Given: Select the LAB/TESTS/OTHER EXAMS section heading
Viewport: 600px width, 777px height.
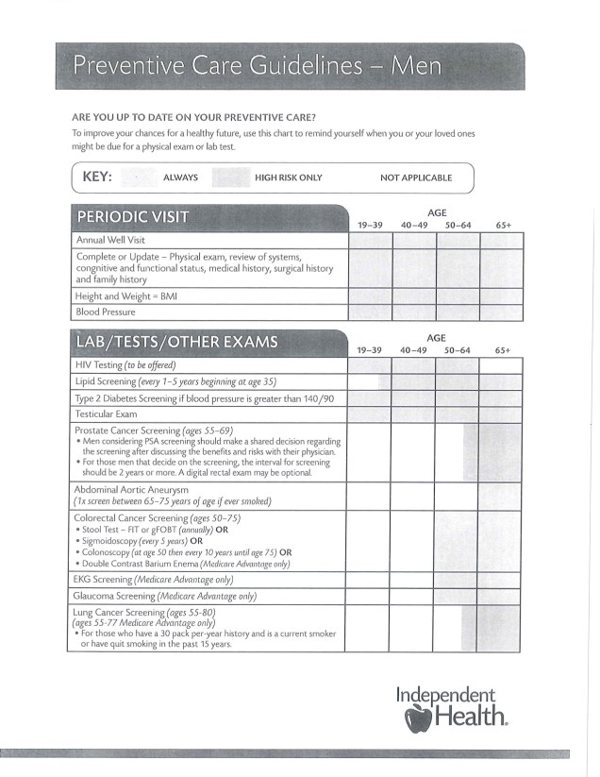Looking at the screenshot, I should pos(176,342).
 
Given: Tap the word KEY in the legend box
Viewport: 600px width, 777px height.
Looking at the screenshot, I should pos(98,177).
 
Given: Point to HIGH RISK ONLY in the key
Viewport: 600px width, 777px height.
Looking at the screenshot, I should pos(288,177).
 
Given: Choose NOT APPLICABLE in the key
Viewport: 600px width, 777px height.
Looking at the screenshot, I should pos(415,177).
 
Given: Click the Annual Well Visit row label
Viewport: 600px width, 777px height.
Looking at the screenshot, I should pos(110,240).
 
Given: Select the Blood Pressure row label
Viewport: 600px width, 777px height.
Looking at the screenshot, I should pos(105,312).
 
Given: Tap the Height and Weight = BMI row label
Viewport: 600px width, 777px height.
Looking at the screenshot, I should pos(126,296).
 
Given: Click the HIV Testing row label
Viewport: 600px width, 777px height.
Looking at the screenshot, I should pos(125,364).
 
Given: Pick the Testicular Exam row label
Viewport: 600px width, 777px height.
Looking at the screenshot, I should pos(106,414).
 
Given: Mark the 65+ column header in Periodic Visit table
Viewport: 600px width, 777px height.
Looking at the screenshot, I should pos(503,226).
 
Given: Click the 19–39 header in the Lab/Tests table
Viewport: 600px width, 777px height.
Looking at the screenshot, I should pos(369,350).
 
